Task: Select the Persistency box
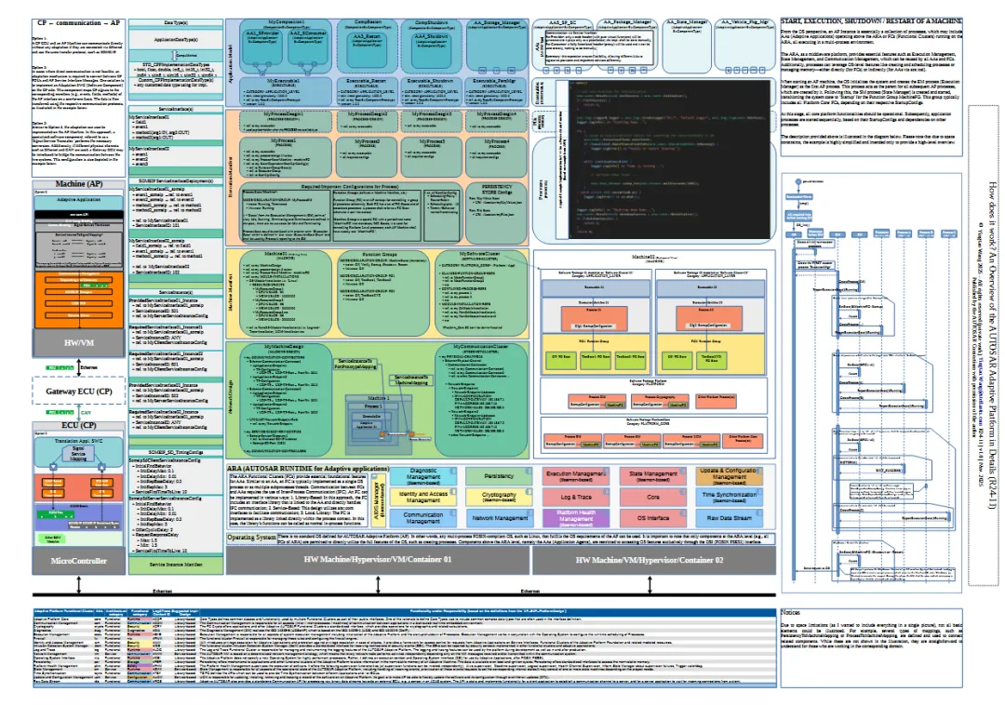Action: pos(500,476)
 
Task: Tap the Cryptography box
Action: pos(500,497)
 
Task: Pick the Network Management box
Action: pos(500,518)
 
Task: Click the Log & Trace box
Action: pos(578,498)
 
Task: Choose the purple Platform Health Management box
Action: pos(578,518)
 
